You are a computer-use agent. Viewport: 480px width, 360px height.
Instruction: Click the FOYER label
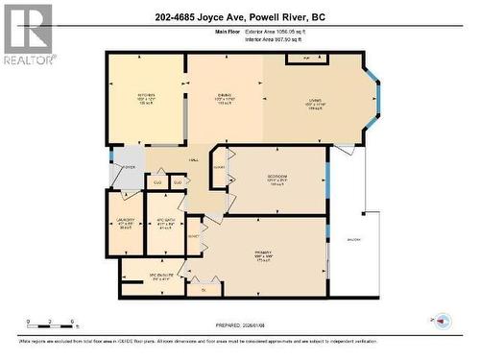pos(128,166)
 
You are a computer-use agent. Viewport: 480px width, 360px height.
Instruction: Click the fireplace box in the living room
pos(307,60)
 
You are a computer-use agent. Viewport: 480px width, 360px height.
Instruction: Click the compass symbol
pos(443,320)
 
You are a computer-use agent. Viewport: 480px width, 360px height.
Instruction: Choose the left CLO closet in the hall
pos(158,180)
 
